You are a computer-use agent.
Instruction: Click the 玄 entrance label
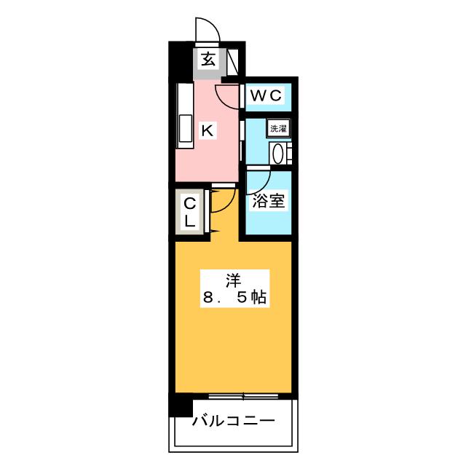click(x=208, y=60)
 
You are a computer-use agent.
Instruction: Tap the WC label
click(x=265, y=95)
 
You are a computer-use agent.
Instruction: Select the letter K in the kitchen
click(x=207, y=130)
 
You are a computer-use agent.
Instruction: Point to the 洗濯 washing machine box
click(x=278, y=128)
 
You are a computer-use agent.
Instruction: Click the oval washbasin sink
click(x=278, y=154)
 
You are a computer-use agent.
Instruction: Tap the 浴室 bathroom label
click(x=269, y=201)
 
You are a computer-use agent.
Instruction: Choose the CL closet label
click(x=189, y=212)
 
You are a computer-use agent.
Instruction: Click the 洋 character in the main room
click(x=233, y=281)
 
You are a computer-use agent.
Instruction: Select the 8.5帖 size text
click(x=234, y=297)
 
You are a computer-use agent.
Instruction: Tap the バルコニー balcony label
click(x=234, y=421)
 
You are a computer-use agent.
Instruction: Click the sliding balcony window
click(x=243, y=396)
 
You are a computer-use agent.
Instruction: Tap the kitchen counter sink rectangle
click(x=185, y=128)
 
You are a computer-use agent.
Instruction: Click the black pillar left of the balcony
click(x=181, y=405)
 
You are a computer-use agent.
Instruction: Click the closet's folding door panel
click(x=208, y=211)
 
